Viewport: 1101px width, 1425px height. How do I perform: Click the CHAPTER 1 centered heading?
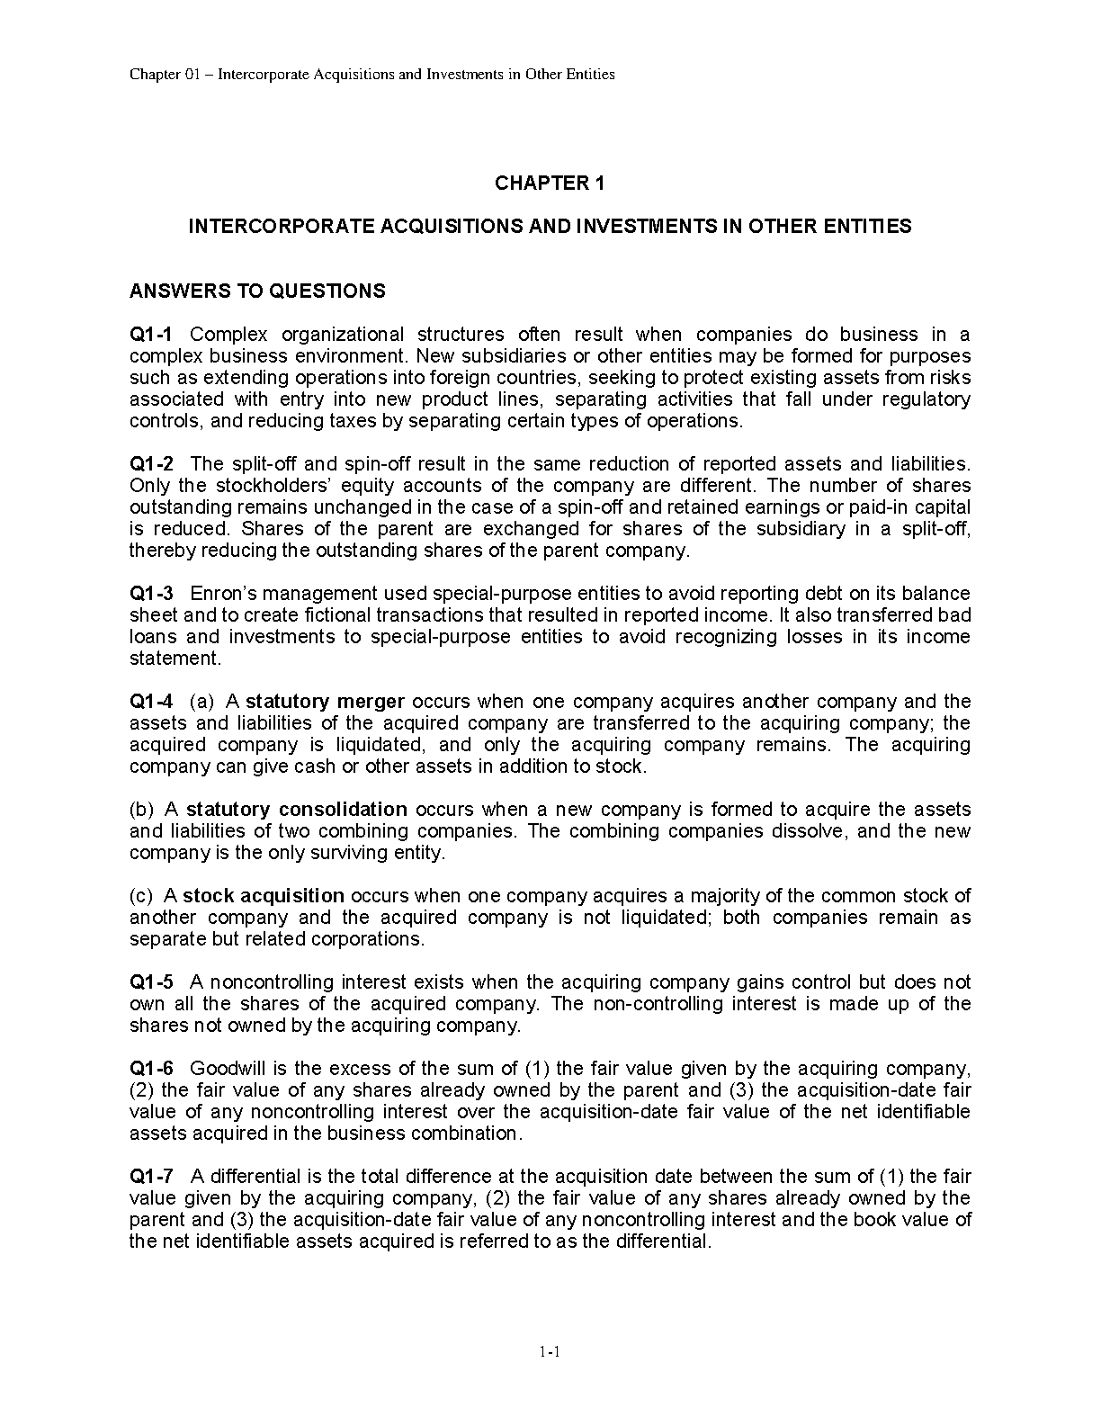coord(550,184)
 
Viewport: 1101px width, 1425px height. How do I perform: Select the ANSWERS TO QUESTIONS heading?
coord(257,291)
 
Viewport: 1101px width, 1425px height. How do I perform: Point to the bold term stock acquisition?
coord(264,896)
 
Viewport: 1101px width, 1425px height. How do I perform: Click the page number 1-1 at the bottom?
coord(550,1351)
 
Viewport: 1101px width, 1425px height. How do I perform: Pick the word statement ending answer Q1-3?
coord(174,659)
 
